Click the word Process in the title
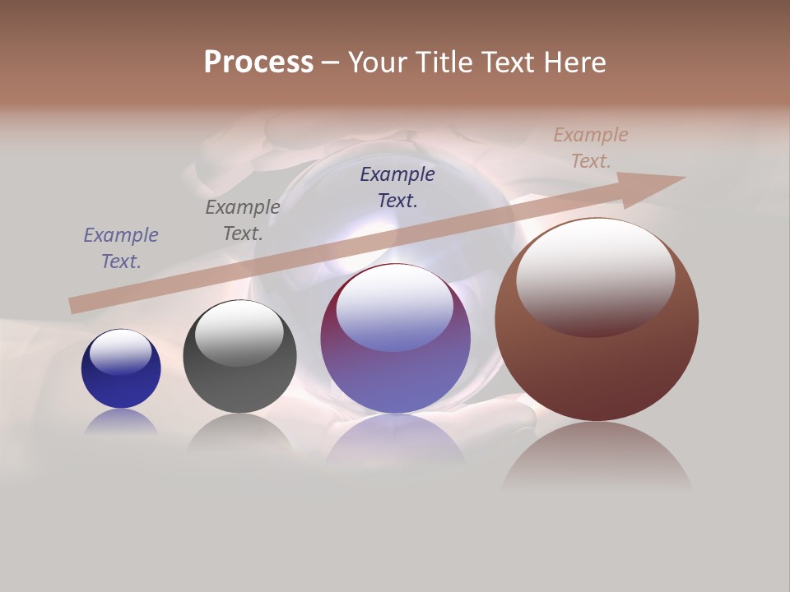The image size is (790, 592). pos(258,62)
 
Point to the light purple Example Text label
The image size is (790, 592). pos(121,248)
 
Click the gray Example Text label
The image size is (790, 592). pos(242,220)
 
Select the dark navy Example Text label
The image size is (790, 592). pos(397,187)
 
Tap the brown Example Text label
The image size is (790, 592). pos(591,148)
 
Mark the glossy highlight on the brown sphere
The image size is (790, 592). pos(595,275)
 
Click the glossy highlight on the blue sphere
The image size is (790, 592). pos(120,352)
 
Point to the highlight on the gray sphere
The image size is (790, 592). pos(239,331)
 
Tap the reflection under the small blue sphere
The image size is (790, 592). pos(121,422)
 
